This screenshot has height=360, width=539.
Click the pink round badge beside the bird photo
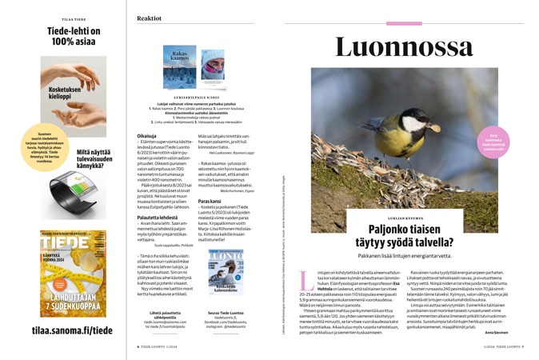(494, 142)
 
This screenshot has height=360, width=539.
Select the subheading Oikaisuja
(146, 136)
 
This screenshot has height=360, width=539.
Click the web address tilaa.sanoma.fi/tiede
(62, 329)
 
